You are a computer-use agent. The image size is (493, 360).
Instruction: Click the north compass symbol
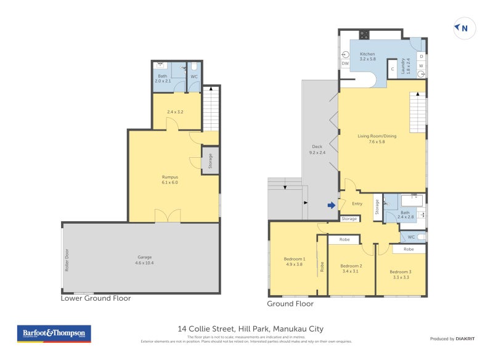[x=463, y=28]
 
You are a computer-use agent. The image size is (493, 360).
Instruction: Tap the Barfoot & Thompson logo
[x=54, y=333]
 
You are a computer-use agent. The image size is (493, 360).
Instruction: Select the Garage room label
[x=144, y=260]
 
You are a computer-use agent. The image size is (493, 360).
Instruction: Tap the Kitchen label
[x=367, y=56]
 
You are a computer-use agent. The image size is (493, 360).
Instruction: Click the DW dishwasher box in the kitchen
[x=344, y=63]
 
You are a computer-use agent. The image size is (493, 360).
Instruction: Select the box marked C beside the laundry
[x=392, y=69]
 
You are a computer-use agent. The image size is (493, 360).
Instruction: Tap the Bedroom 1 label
[x=294, y=261]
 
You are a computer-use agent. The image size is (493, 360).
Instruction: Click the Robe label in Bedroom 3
[x=409, y=249]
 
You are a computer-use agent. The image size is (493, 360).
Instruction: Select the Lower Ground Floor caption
[x=96, y=298]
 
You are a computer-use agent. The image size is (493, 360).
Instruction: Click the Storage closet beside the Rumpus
[x=210, y=161]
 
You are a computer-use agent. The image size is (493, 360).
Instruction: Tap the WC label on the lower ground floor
[x=194, y=76]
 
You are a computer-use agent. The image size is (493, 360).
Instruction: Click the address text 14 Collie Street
[x=250, y=329]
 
